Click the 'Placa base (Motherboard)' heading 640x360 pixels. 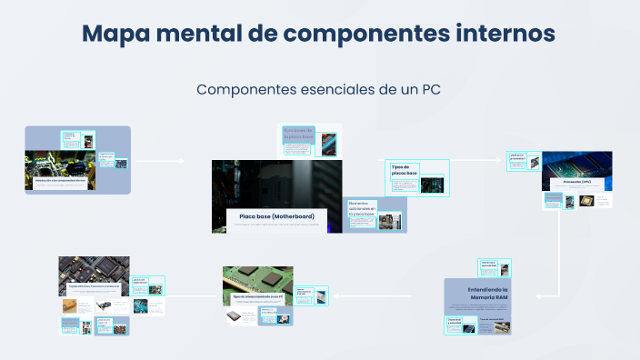coord(276,216)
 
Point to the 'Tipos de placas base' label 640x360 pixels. coord(405,170)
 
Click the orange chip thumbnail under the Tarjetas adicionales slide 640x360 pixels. coord(70,305)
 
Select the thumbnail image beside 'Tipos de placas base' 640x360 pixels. coord(431,185)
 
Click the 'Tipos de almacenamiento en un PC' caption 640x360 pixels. coord(258,297)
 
